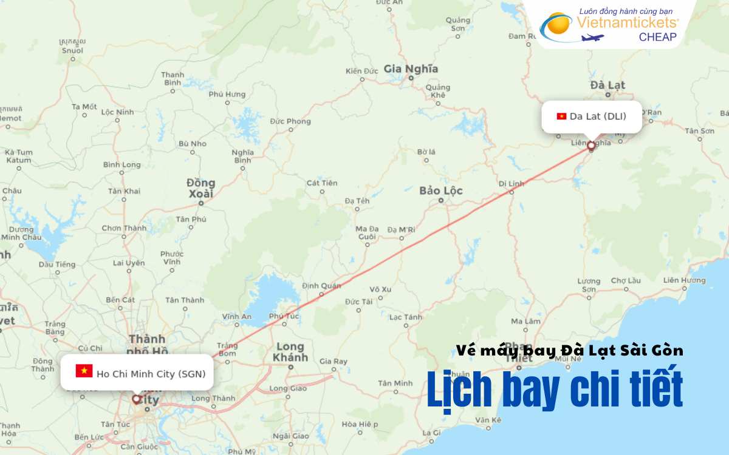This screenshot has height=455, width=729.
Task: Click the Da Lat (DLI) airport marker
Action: (591, 146)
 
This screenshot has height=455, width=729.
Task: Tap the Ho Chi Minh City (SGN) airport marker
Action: (136, 399)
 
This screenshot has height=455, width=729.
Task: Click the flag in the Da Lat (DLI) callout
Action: (561, 116)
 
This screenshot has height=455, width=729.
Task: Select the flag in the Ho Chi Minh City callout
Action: (84, 371)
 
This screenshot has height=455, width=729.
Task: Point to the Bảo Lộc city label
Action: (441, 190)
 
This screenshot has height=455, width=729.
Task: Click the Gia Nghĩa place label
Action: (411, 69)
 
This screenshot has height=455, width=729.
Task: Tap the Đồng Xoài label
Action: (200, 188)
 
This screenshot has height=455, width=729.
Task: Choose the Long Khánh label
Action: (290, 352)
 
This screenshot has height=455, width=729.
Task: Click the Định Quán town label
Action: (321, 286)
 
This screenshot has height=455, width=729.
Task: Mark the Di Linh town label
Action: (511, 183)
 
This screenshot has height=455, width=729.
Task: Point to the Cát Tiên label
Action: (322, 183)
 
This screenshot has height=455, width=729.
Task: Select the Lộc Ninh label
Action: (117, 112)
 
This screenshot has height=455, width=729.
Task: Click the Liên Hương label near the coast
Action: (685, 280)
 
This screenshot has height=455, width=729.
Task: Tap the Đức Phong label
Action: (290, 121)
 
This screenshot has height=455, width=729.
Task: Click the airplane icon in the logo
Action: (593, 38)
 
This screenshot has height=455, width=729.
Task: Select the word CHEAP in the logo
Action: (657, 37)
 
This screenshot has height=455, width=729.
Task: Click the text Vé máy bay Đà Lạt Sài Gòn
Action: (570, 350)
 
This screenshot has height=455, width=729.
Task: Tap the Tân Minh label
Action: (395, 383)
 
